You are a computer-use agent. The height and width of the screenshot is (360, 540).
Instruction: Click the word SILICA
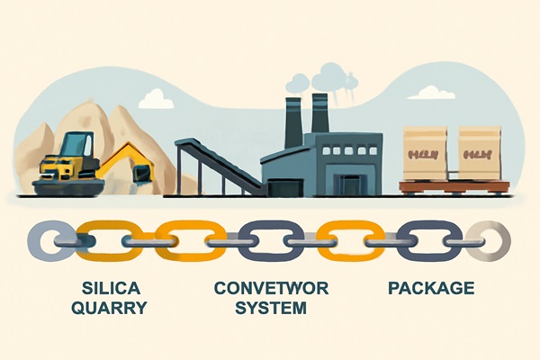tap(111, 289)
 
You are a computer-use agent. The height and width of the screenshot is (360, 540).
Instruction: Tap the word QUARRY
tap(111, 309)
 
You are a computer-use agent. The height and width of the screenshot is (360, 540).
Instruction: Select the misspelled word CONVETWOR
tap(269, 289)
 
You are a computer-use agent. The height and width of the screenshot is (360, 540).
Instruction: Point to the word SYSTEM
tap(269, 309)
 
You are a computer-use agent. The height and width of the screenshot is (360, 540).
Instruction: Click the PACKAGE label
tap(430, 289)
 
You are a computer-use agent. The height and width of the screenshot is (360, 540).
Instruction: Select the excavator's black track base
tap(67, 186)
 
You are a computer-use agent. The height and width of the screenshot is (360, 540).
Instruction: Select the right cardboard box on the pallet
tap(479, 152)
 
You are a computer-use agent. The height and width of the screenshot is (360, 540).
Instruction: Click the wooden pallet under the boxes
tap(453, 186)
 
